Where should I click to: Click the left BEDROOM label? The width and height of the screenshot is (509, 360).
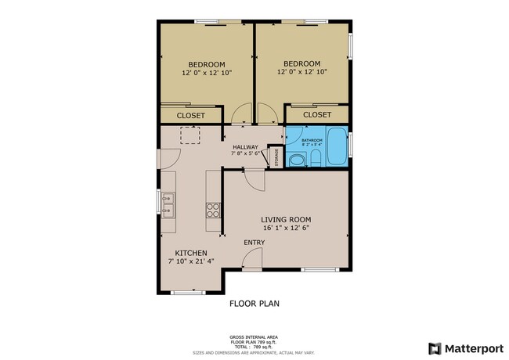click(206, 64)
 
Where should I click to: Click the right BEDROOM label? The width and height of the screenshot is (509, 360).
click(301, 63)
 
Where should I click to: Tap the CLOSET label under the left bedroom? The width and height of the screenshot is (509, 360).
click(190, 115)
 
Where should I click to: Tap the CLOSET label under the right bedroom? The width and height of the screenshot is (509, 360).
click(317, 114)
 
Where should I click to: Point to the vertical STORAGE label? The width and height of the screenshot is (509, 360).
click(276, 157)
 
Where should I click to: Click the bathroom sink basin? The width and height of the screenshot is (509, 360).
click(297, 160)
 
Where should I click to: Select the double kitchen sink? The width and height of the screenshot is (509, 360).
click(168, 204)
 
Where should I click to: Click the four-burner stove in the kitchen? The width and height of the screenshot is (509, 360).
click(212, 210)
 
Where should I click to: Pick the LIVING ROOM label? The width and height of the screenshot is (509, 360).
click(286, 219)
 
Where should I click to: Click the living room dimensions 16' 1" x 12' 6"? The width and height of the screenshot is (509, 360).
click(286, 229)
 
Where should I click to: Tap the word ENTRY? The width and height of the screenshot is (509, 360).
click(254, 243)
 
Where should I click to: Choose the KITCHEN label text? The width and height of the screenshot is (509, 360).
click(190, 253)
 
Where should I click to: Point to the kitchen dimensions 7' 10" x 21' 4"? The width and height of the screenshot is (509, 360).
click(190, 261)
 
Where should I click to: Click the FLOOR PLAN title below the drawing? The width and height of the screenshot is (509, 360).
click(254, 303)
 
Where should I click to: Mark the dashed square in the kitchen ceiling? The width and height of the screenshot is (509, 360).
click(190, 137)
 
